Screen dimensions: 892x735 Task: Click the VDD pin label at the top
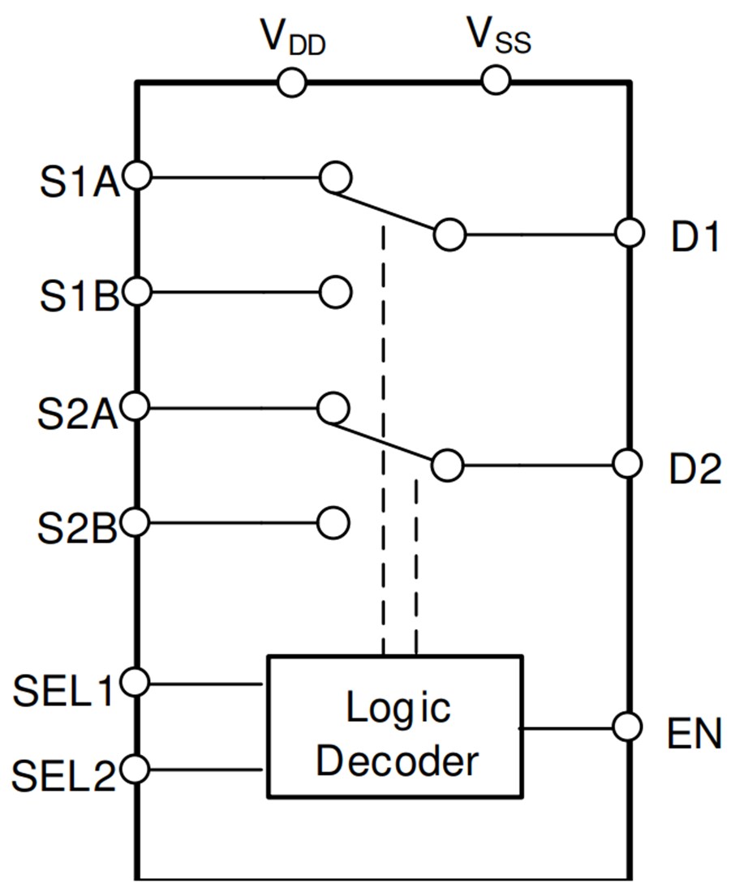click(292, 36)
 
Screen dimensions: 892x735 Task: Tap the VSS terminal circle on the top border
click(495, 80)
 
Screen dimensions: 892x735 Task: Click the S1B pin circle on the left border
click(139, 292)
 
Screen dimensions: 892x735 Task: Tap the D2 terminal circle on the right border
click(629, 464)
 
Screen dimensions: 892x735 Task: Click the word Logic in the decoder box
click(398, 708)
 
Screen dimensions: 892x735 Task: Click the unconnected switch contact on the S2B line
click(333, 523)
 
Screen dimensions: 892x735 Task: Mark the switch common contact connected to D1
click(449, 234)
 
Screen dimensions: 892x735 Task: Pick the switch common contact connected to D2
click(447, 465)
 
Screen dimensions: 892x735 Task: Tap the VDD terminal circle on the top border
click(291, 81)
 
